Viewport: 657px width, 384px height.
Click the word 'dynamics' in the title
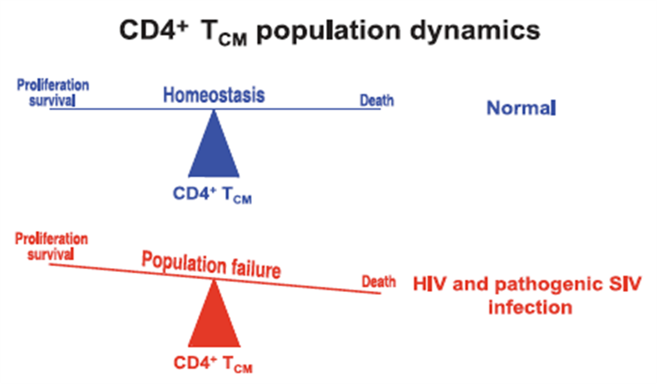pos(475,31)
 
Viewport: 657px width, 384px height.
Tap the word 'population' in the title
pos(328,32)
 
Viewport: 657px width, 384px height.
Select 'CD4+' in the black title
pos(153,29)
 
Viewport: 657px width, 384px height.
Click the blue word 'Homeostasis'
pos(214,95)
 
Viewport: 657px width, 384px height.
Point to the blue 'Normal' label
pos(521,107)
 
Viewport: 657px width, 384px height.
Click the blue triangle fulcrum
pos(214,143)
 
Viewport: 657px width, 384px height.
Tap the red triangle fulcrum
pos(214,313)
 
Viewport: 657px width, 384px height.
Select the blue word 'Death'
pos(377,100)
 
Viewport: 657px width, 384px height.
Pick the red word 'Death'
pos(379,281)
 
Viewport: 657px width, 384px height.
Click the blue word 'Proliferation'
pos(53,85)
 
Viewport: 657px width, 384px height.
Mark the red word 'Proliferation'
pos(52,239)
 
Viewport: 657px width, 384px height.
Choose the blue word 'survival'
pos(52,100)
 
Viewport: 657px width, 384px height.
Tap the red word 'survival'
pos(50,254)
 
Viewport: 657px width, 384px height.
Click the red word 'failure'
pos(256,268)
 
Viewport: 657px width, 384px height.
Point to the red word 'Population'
pos(184,263)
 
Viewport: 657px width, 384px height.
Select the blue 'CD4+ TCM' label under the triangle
pos(212,194)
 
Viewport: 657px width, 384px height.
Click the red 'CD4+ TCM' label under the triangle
pos(213,364)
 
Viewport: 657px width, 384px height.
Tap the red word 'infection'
pos(530,307)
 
